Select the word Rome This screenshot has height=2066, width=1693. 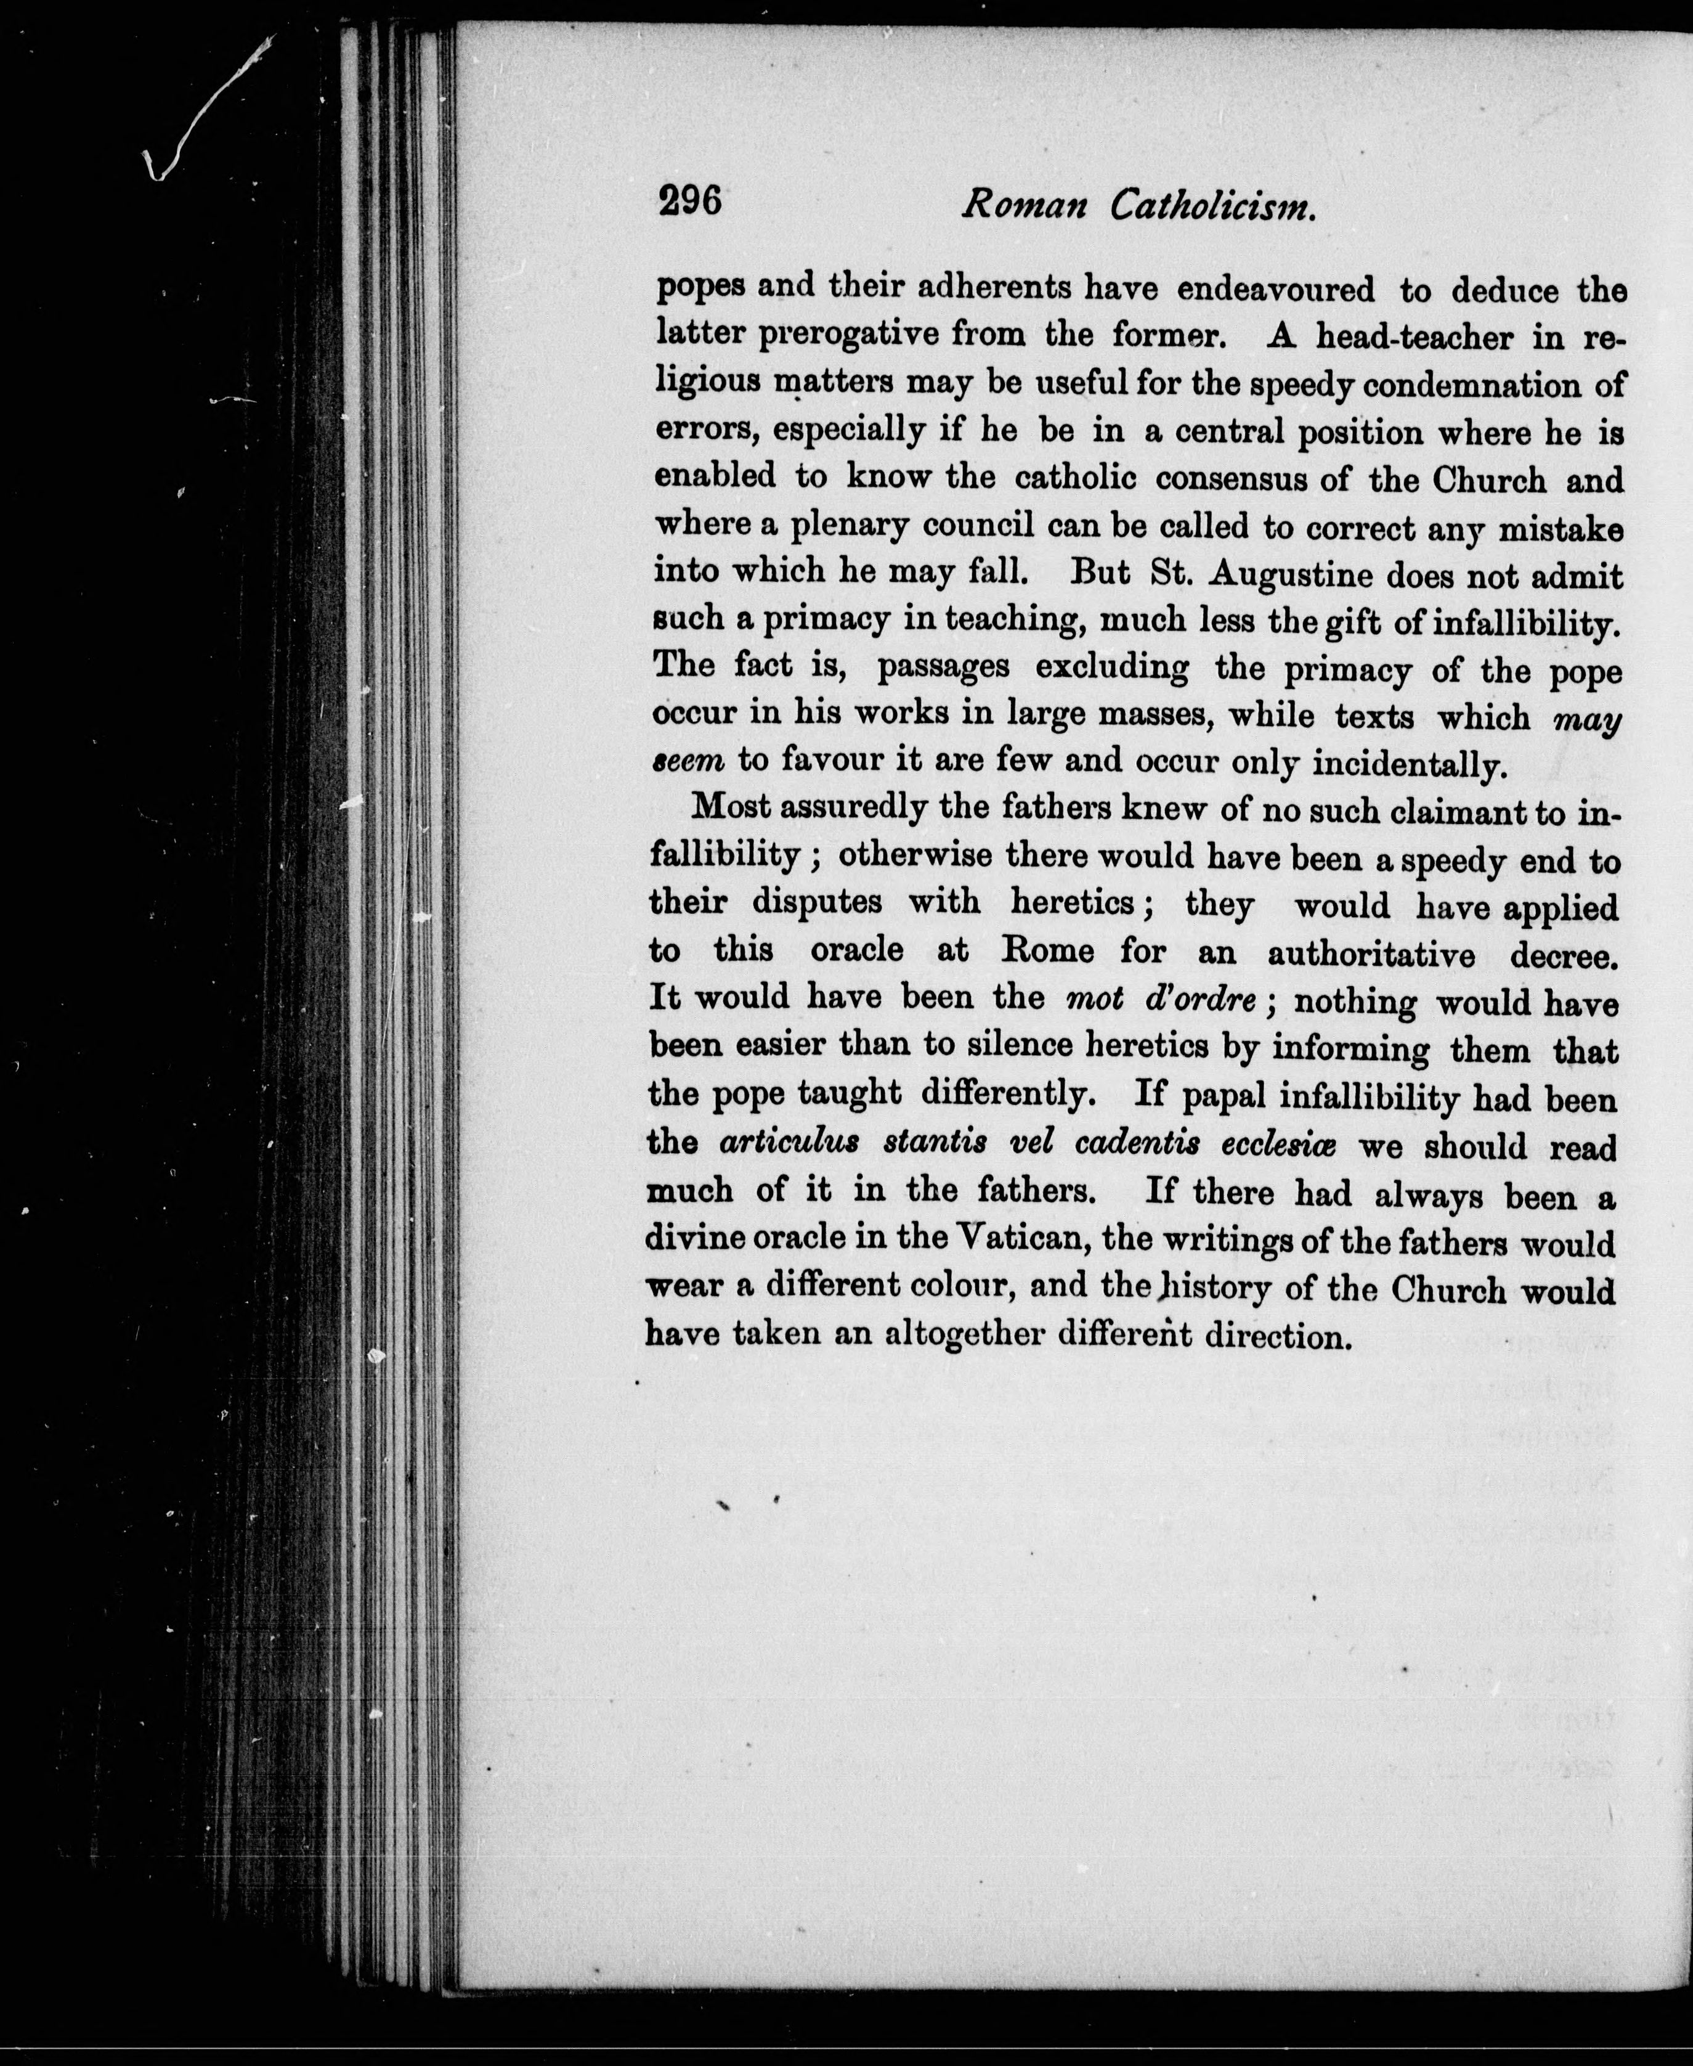click(1049, 950)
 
